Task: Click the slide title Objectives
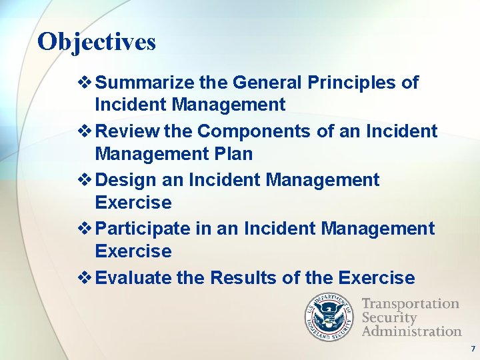tap(97, 42)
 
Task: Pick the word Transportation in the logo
tap(410, 304)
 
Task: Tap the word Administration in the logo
tap(411, 331)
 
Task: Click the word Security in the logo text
tap(389, 317)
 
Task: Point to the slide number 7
tap(473, 349)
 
